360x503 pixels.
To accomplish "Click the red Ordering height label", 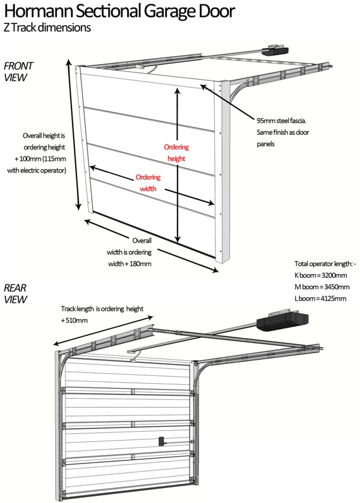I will tap(176, 153).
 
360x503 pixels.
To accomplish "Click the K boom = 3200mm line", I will tap(320, 276).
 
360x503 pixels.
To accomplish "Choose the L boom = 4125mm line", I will tap(320, 298).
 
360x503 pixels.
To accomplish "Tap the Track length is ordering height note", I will tap(102, 309).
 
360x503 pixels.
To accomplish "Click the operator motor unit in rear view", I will tap(283, 322).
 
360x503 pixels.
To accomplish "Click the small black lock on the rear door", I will tap(161, 441).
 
